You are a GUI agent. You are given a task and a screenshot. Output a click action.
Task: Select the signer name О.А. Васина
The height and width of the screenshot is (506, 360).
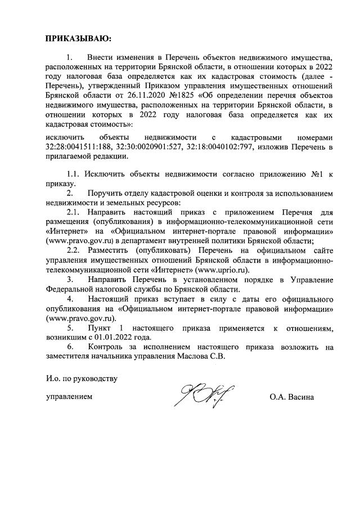[291, 397]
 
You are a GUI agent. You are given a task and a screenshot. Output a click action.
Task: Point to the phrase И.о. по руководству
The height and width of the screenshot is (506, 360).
[82, 378]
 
